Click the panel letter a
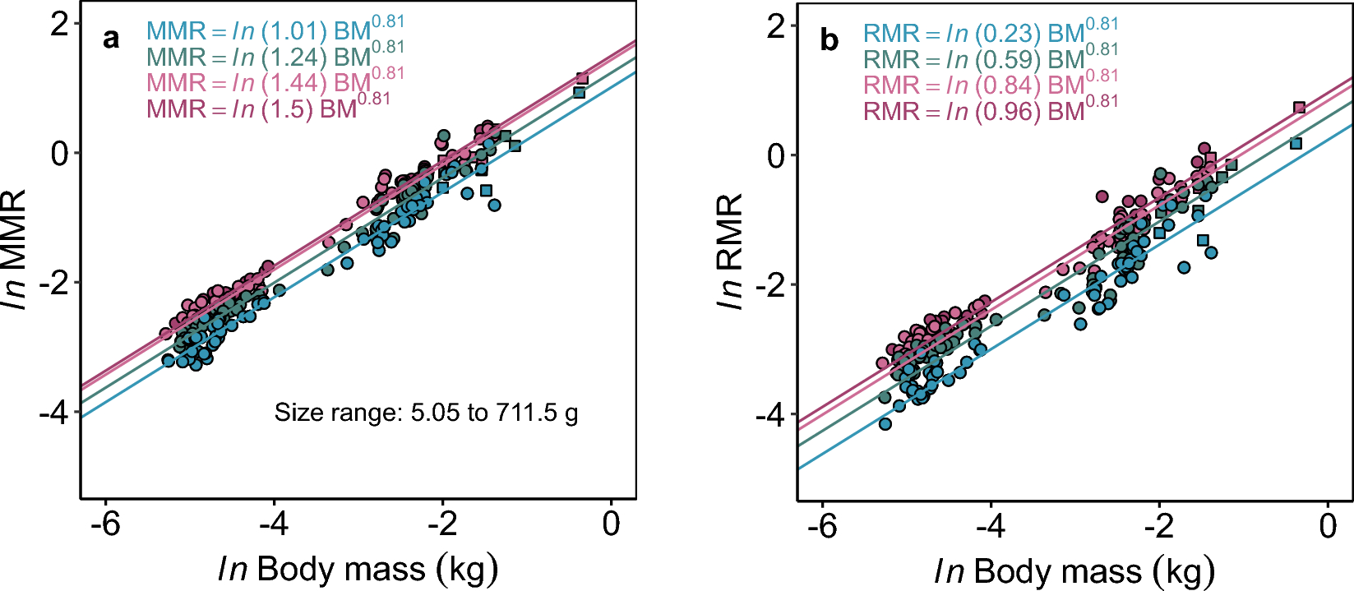[x=111, y=39]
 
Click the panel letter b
[x=829, y=41]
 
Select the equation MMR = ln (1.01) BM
[x=275, y=30]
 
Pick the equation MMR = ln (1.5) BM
[x=268, y=108]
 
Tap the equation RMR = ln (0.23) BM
[x=990, y=33]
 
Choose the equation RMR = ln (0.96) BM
[x=990, y=110]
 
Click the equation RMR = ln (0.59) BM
[x=990, y=59]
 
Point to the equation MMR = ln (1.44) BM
[x=275, y=82]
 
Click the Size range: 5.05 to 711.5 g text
[x=426, y=412]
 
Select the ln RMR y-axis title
[x=730, y=252]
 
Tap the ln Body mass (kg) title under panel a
[x=358, y=569]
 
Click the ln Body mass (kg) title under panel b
[x=1074, y=570]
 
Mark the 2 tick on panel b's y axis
[x=775, y=26]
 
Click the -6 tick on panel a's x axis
[x=105, y=524]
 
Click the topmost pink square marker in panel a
[x=582, y=79]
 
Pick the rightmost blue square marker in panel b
[x=1296, y=144]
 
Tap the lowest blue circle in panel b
[x=885, y=424]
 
